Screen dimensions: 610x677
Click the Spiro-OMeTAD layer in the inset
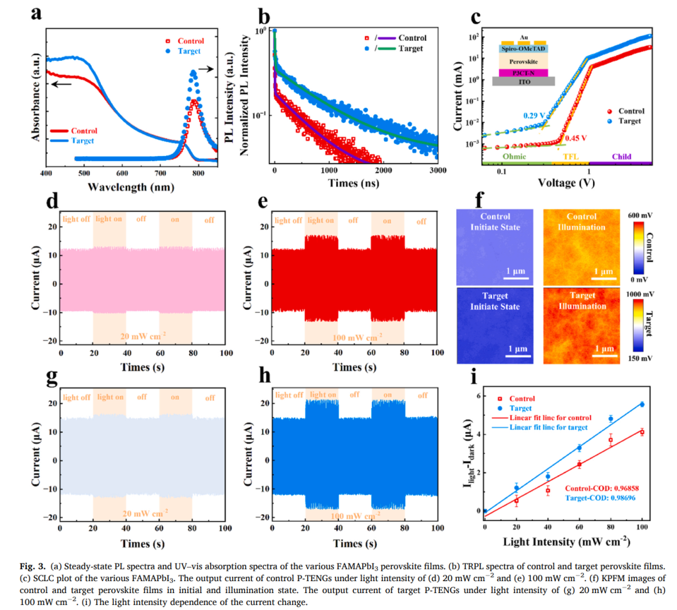coord(524,48)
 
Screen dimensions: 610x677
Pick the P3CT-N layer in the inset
coord(523,73)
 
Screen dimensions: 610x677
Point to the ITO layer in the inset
coord(523,82)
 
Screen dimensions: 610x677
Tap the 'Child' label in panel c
coord(621,157)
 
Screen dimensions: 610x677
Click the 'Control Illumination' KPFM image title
coord(581,222)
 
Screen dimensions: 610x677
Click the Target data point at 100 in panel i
coord(642,404)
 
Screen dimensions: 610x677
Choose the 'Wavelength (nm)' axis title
coord(131,187)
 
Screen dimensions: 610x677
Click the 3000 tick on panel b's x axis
coord(437,171)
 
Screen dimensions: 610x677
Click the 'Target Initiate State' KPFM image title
coord(495,301)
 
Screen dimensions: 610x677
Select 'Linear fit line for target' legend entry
coord(548,427)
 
